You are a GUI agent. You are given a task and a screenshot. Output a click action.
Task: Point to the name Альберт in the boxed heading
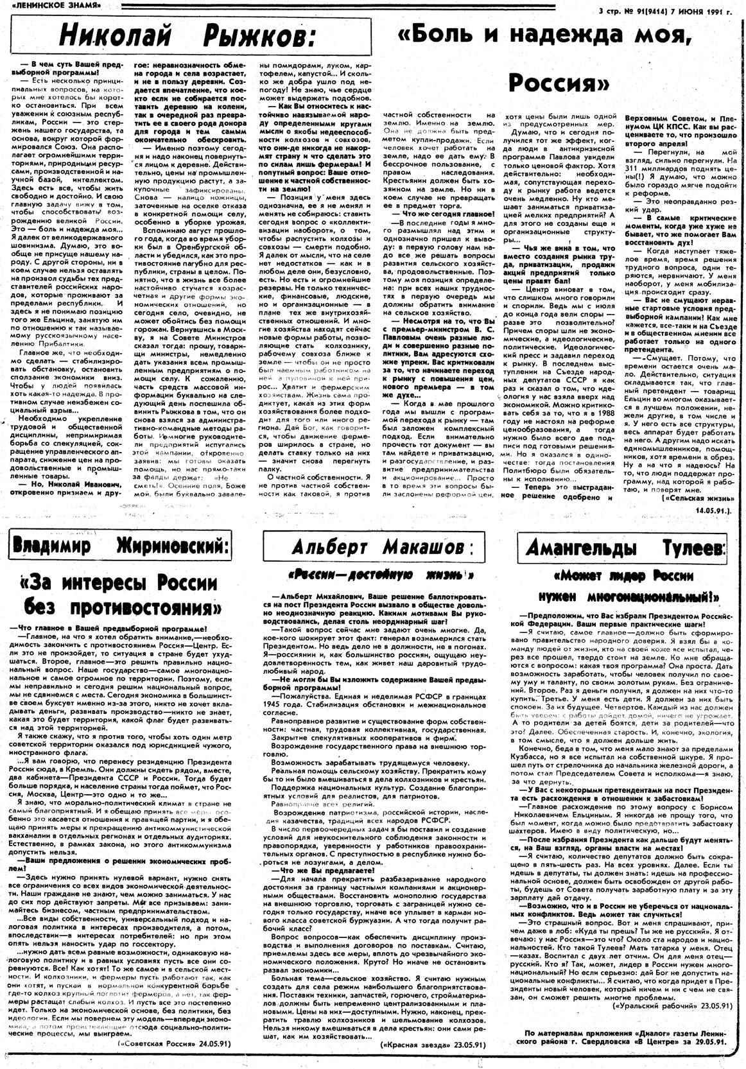tap(329, 547)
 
